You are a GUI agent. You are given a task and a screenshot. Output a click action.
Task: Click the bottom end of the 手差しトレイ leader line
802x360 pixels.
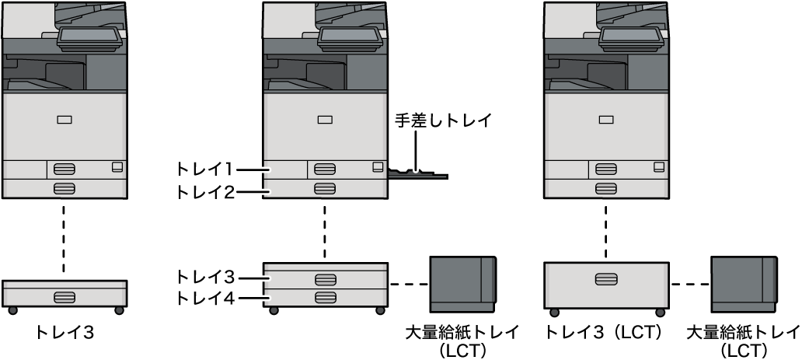pos(417,172)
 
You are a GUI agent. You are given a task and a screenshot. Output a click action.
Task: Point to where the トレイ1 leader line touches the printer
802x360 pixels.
pos(270,169)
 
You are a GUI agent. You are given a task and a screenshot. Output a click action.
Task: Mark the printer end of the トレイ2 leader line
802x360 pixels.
pos(270,193)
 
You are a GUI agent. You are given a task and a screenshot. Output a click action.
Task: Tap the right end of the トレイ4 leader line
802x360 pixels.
pos(270,297)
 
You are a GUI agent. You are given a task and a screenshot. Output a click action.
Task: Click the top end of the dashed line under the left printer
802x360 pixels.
pos(64,206)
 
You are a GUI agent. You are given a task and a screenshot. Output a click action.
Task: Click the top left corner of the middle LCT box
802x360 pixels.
pos(430,257)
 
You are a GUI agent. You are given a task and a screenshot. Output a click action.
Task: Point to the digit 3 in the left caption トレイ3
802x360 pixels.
pos(88,334)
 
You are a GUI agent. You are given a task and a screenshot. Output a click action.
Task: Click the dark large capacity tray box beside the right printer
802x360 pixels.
pos(744,285)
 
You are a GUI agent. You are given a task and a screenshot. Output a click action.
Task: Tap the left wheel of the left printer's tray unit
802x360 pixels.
pos(12,310)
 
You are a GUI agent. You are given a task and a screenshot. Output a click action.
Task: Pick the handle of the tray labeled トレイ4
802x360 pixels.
pos(325,297)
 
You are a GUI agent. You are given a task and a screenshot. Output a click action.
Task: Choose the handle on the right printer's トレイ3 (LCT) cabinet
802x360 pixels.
pos(606,279)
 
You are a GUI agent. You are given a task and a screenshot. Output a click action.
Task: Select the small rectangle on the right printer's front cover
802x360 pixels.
pos(606,120)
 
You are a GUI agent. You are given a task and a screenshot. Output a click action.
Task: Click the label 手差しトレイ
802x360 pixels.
pos(443,121)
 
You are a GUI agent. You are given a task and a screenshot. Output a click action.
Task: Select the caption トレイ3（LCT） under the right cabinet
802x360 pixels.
pos(607,333)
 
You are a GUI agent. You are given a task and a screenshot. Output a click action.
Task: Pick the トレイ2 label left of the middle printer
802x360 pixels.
pos(205,193)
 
